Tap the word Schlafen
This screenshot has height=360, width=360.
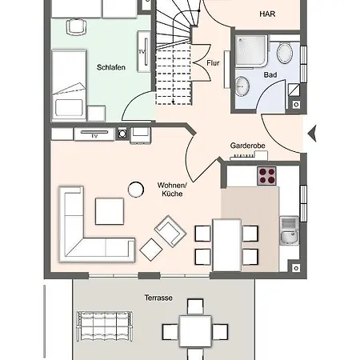(x=110, y=68)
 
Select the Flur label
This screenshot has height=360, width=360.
(x=213, y=62)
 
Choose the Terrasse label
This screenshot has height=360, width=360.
(x=159, y=297)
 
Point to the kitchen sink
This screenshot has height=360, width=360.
(x=287, y=228)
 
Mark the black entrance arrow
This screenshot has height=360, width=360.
(x=312, y=132)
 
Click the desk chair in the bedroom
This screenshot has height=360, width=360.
(x=76, y=26)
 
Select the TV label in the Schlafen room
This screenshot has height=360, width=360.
(x=142, y=53)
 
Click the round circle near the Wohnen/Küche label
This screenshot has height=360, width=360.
(x=134, y=190)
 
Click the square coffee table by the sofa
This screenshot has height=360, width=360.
(x=109, y=211)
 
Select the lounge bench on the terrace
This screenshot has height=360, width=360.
(x=103, y=325)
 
